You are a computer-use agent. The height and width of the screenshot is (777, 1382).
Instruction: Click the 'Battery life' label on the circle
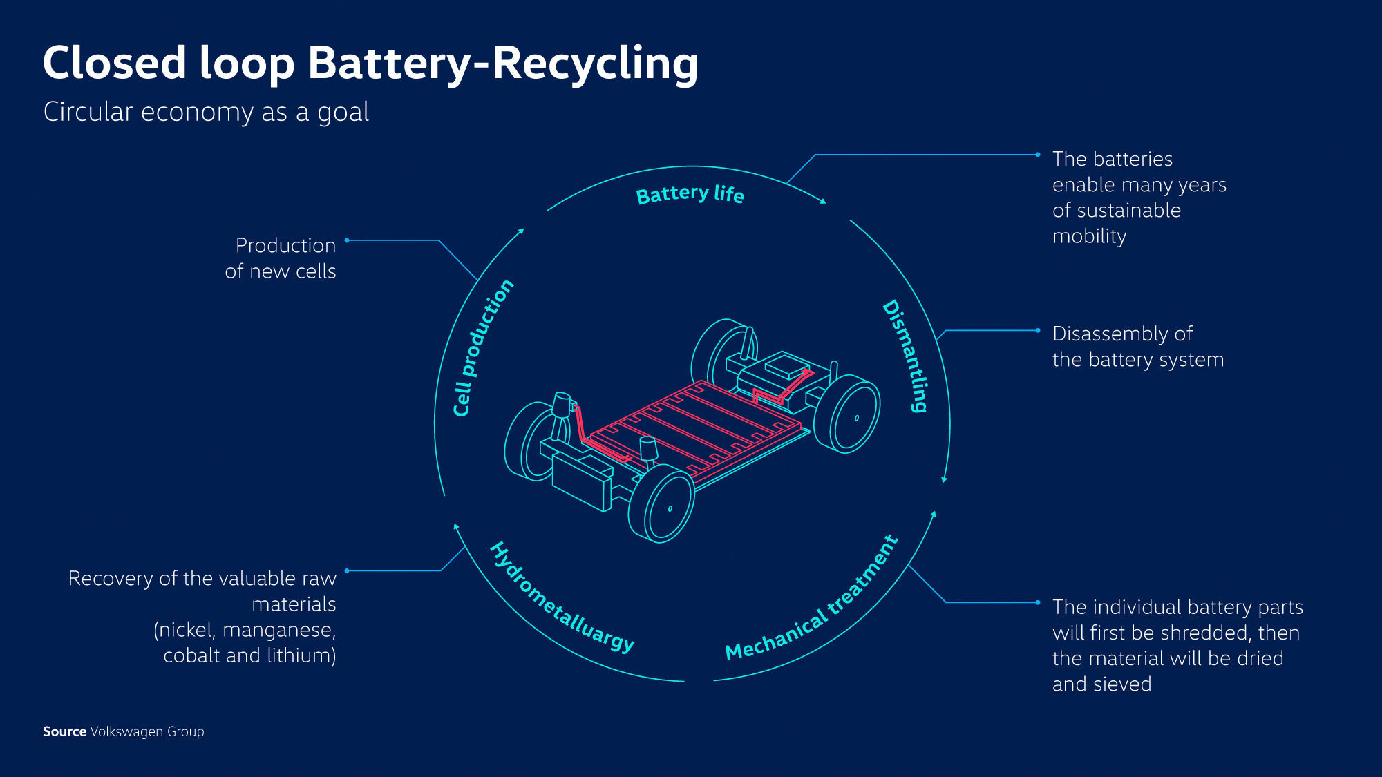(x=690, y=194)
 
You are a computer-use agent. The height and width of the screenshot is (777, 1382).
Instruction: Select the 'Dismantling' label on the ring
(x=906, y=356)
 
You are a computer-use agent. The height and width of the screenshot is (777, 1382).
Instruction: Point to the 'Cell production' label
(x=482, y=348)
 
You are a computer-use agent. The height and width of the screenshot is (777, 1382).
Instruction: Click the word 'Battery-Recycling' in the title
(x=502, y=64)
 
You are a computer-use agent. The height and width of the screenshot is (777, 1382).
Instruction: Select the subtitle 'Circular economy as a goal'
(x=206, y=112)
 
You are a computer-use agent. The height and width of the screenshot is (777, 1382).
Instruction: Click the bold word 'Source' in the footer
(x=64, y=731)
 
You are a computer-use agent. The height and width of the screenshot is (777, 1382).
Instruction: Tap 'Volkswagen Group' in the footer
(x=147, y=731)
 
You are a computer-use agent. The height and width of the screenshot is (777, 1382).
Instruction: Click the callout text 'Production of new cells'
(x=282, y=258)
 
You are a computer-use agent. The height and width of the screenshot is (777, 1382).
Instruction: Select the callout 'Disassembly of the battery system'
(x=1137, y=347)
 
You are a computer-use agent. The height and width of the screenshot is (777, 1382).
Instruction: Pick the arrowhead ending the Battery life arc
(x=823, y=201)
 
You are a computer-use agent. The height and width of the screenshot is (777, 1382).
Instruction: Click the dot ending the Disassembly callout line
(x=1037, y=331)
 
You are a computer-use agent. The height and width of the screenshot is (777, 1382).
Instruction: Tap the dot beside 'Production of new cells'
(x=347, y=240)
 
